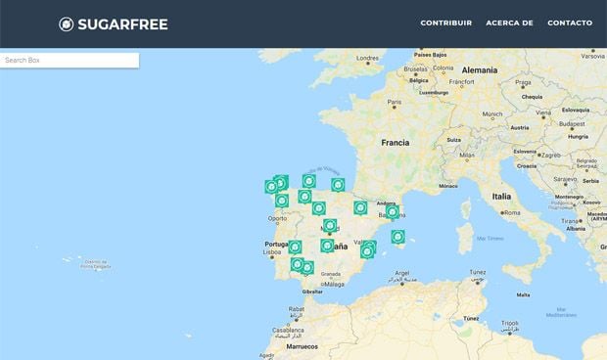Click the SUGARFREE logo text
pyautogui.click(x=123, y=23)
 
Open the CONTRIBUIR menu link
pyautogui.click(x=446, y=22)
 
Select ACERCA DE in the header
pyautogui.click(x=509, y=22)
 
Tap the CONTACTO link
pyautogui.click(x=570, y=22)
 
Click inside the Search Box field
pyautogui.click(x=69, y=61)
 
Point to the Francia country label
pyautogui.click(x=396, y=142)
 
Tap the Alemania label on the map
pyautogui.click(x=480, y=70)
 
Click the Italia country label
pyautogui.click(x=501, y=197)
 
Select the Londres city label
pyautogui.click(x=367, y=58)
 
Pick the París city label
pyautogui.click(x=394, y=103)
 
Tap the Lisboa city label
pyautogui.click(x=272, y=253)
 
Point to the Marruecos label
pyautogui.click(x=303, y=346)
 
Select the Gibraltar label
pyautogui.click(x=312, y=292)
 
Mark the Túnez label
pyautogui.click(x=470, y=319)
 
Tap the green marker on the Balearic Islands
pyautogui.click(x=397, y=236)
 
